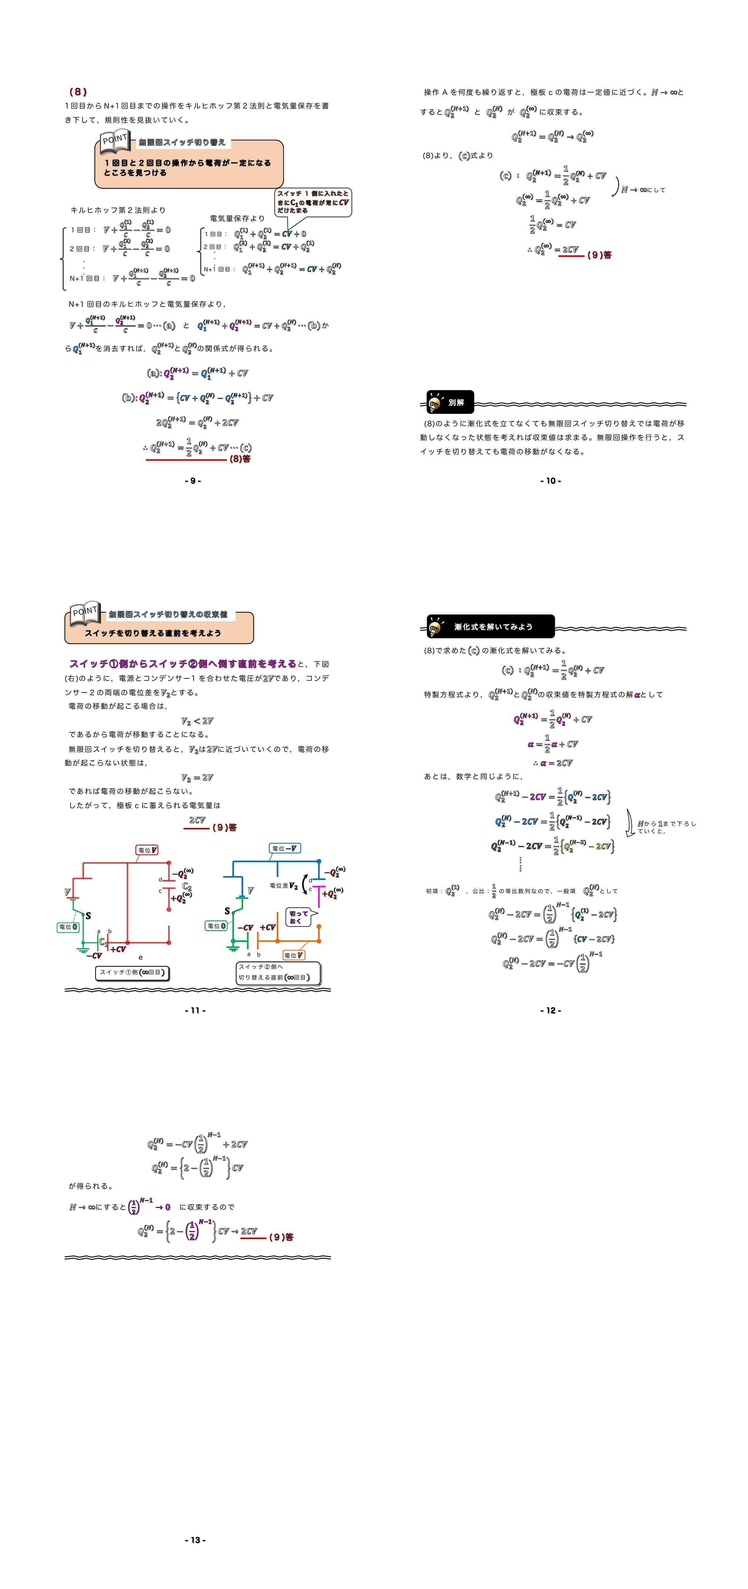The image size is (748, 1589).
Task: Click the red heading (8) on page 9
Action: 78,92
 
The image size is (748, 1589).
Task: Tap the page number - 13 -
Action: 195,1540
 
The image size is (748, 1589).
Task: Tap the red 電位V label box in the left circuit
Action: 147,850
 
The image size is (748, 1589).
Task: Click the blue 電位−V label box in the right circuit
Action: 284,848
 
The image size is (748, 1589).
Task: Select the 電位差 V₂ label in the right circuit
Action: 284,886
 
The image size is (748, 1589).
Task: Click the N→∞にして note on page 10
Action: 643,190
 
